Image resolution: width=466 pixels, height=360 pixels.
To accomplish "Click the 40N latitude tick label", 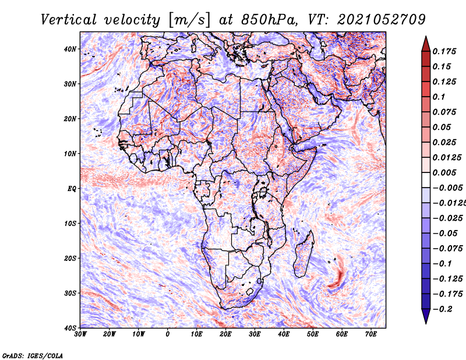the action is pos(69,49).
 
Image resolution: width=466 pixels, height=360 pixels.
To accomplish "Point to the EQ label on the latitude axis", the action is pos(72,189).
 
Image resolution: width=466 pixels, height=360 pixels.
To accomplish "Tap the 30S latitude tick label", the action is pos(70,293).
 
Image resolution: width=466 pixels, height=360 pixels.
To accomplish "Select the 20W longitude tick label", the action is pos(110,334).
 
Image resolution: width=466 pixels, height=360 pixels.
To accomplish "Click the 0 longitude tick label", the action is pos(168,334).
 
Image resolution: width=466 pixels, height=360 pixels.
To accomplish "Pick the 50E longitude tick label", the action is pos(313,334).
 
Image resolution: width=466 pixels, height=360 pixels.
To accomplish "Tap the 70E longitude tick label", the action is pos(371,334).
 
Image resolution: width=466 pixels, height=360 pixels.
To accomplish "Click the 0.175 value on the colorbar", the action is pos(444,52).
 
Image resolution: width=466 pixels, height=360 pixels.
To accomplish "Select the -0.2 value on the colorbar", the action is pos(443,309).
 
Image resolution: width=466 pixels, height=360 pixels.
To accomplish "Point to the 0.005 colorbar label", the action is pos(444,172).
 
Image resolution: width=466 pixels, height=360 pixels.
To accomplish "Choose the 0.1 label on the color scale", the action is pos(439,97).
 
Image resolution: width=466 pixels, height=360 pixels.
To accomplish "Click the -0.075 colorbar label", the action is pos(447,249).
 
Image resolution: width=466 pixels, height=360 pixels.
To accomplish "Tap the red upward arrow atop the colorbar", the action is pos(426,44).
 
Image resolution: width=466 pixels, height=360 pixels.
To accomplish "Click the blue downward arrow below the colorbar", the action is pos(426,316).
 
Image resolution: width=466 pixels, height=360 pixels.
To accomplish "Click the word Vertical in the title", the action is pos(69,20).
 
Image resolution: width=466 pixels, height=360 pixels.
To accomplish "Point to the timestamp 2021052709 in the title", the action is pos(382,20).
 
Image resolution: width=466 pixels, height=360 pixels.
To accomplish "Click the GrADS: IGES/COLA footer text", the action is pos(33,356).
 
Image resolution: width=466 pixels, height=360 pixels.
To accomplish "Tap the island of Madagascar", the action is pos(303,254).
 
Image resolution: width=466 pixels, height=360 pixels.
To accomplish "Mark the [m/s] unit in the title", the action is pos(190,20).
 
